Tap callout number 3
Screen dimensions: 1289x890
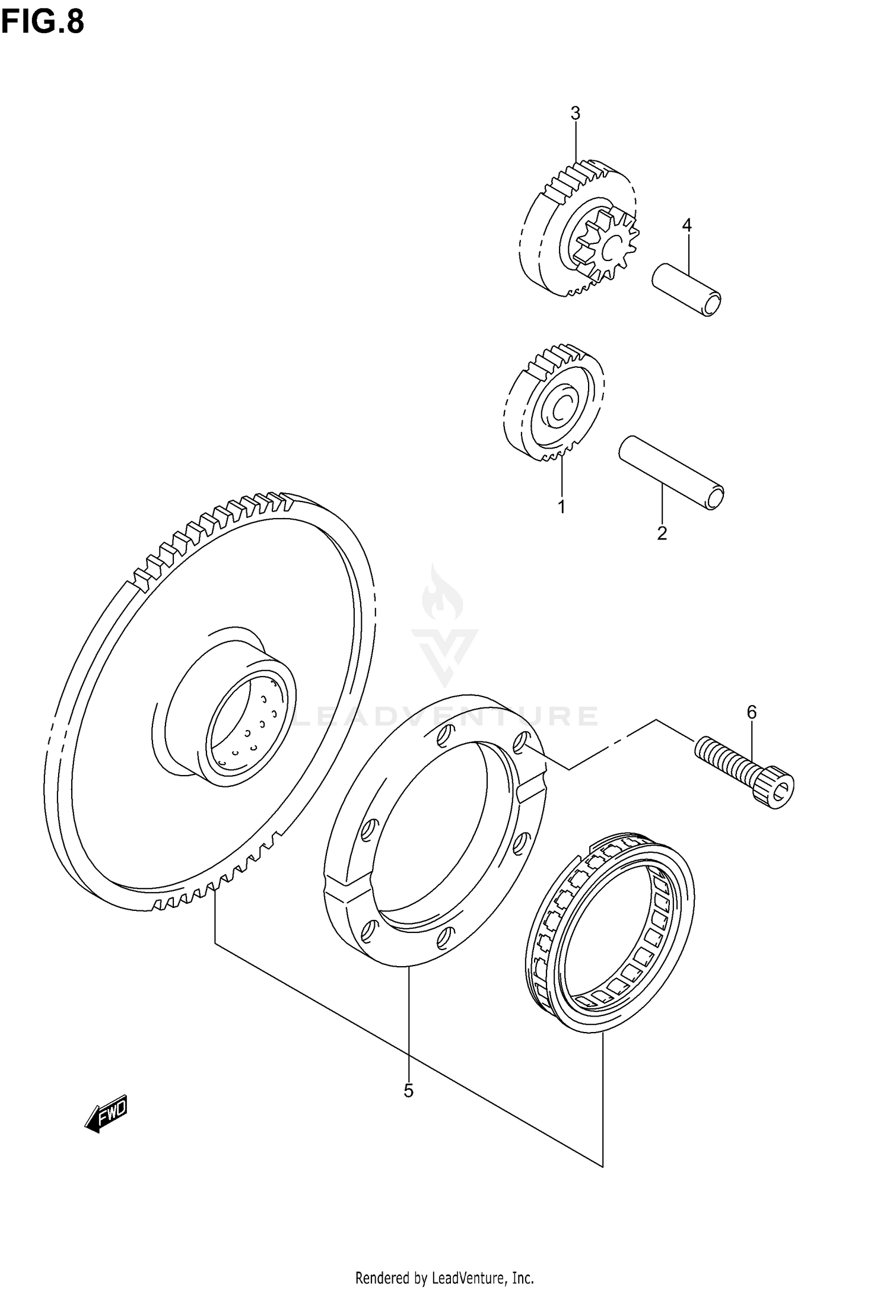(x=575, y=113)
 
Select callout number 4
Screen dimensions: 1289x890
(x=686, y=225)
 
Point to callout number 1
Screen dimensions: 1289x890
(x=560, y=507)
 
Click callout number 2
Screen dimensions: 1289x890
(x=662, y=533)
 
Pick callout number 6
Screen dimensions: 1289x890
(x=751, y=712)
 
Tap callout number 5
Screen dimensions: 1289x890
(x=408, y=1090)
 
